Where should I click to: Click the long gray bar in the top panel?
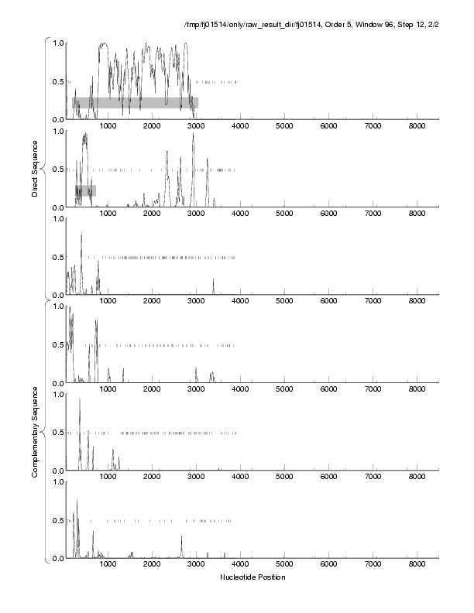136,102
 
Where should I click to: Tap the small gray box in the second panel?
85,190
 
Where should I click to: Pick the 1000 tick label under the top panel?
108,126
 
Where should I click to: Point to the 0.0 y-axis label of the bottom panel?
57,558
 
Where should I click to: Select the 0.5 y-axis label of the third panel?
57,257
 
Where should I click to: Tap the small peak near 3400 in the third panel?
213,279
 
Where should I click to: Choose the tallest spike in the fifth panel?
80,400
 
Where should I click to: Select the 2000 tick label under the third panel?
152,302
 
